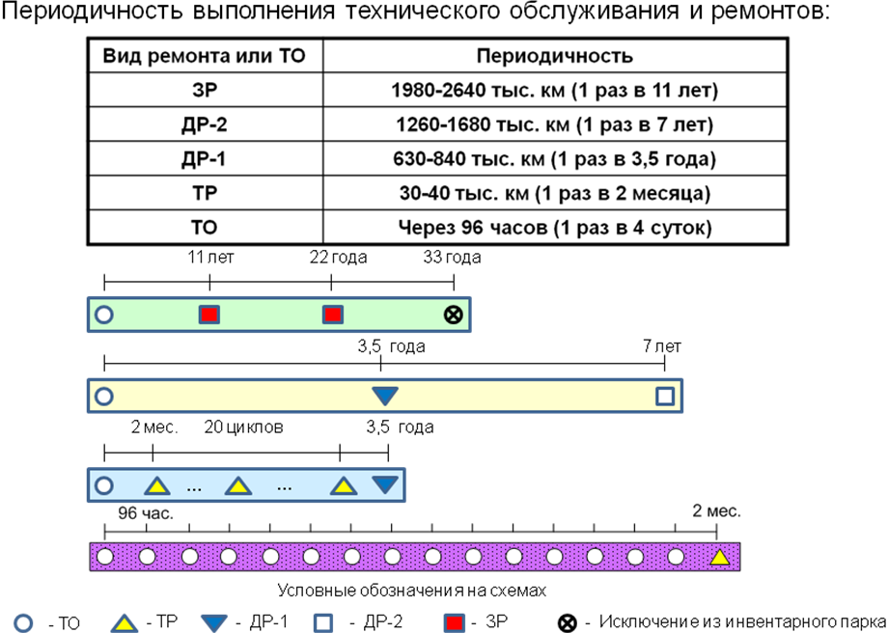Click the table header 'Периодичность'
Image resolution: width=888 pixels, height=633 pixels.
point(554,56)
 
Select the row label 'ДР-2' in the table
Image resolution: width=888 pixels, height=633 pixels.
point(206,124)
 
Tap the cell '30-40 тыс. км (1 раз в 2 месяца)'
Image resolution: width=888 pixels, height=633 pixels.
point(554,194)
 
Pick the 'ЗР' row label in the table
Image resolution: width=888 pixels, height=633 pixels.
point(206,91)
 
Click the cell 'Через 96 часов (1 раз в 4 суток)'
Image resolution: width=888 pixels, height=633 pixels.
point(554,228)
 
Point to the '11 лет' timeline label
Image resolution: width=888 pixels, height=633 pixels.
point(210,258)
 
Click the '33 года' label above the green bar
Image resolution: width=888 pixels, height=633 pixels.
point(453,258)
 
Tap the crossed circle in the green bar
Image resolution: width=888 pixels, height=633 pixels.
point(453,315)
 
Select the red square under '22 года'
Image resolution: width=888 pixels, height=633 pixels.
point(332,315)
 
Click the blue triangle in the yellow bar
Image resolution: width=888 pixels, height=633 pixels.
point(385,395)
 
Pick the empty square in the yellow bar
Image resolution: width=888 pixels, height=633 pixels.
point(665,396)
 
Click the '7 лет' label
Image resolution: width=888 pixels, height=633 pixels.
point(662,346)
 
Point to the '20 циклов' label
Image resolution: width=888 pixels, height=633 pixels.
point(243,427)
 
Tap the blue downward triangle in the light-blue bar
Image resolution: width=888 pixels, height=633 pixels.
point(385,483)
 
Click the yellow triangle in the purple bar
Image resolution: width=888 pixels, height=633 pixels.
point(719,557)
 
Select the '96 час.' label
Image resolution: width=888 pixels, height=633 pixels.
point(146,513)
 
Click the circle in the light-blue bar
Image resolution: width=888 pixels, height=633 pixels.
point(103,485)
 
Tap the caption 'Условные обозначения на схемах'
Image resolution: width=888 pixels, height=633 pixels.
point(412,592)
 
